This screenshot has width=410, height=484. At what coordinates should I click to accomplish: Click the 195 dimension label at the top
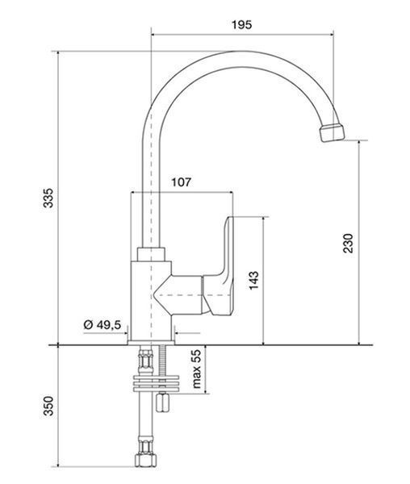click(242, 25)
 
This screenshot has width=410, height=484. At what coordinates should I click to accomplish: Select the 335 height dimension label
click(48, 198)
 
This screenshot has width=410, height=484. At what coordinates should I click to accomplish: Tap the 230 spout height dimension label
click(348, 244)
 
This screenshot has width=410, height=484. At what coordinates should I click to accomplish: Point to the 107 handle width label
click(182, 182)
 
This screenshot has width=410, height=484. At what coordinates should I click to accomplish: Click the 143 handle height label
click(253, 281)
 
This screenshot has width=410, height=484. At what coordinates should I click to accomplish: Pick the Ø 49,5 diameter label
click(102, 325)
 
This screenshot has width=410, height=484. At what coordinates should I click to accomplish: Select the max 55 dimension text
click(197, 369)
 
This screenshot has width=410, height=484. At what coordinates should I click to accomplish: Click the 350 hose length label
click(48, 407)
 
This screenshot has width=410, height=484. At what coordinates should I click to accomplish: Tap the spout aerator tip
click(332, 132)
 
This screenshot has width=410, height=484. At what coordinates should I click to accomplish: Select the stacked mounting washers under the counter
click(157, 383)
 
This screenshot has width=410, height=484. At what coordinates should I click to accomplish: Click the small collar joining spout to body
click(151, 254)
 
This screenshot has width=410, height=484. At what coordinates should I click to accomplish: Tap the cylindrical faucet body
click(151, 301)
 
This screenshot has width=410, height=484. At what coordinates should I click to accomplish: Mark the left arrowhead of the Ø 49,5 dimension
click(126, 333)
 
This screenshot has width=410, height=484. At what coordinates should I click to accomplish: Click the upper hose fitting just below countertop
click(146, 360)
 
